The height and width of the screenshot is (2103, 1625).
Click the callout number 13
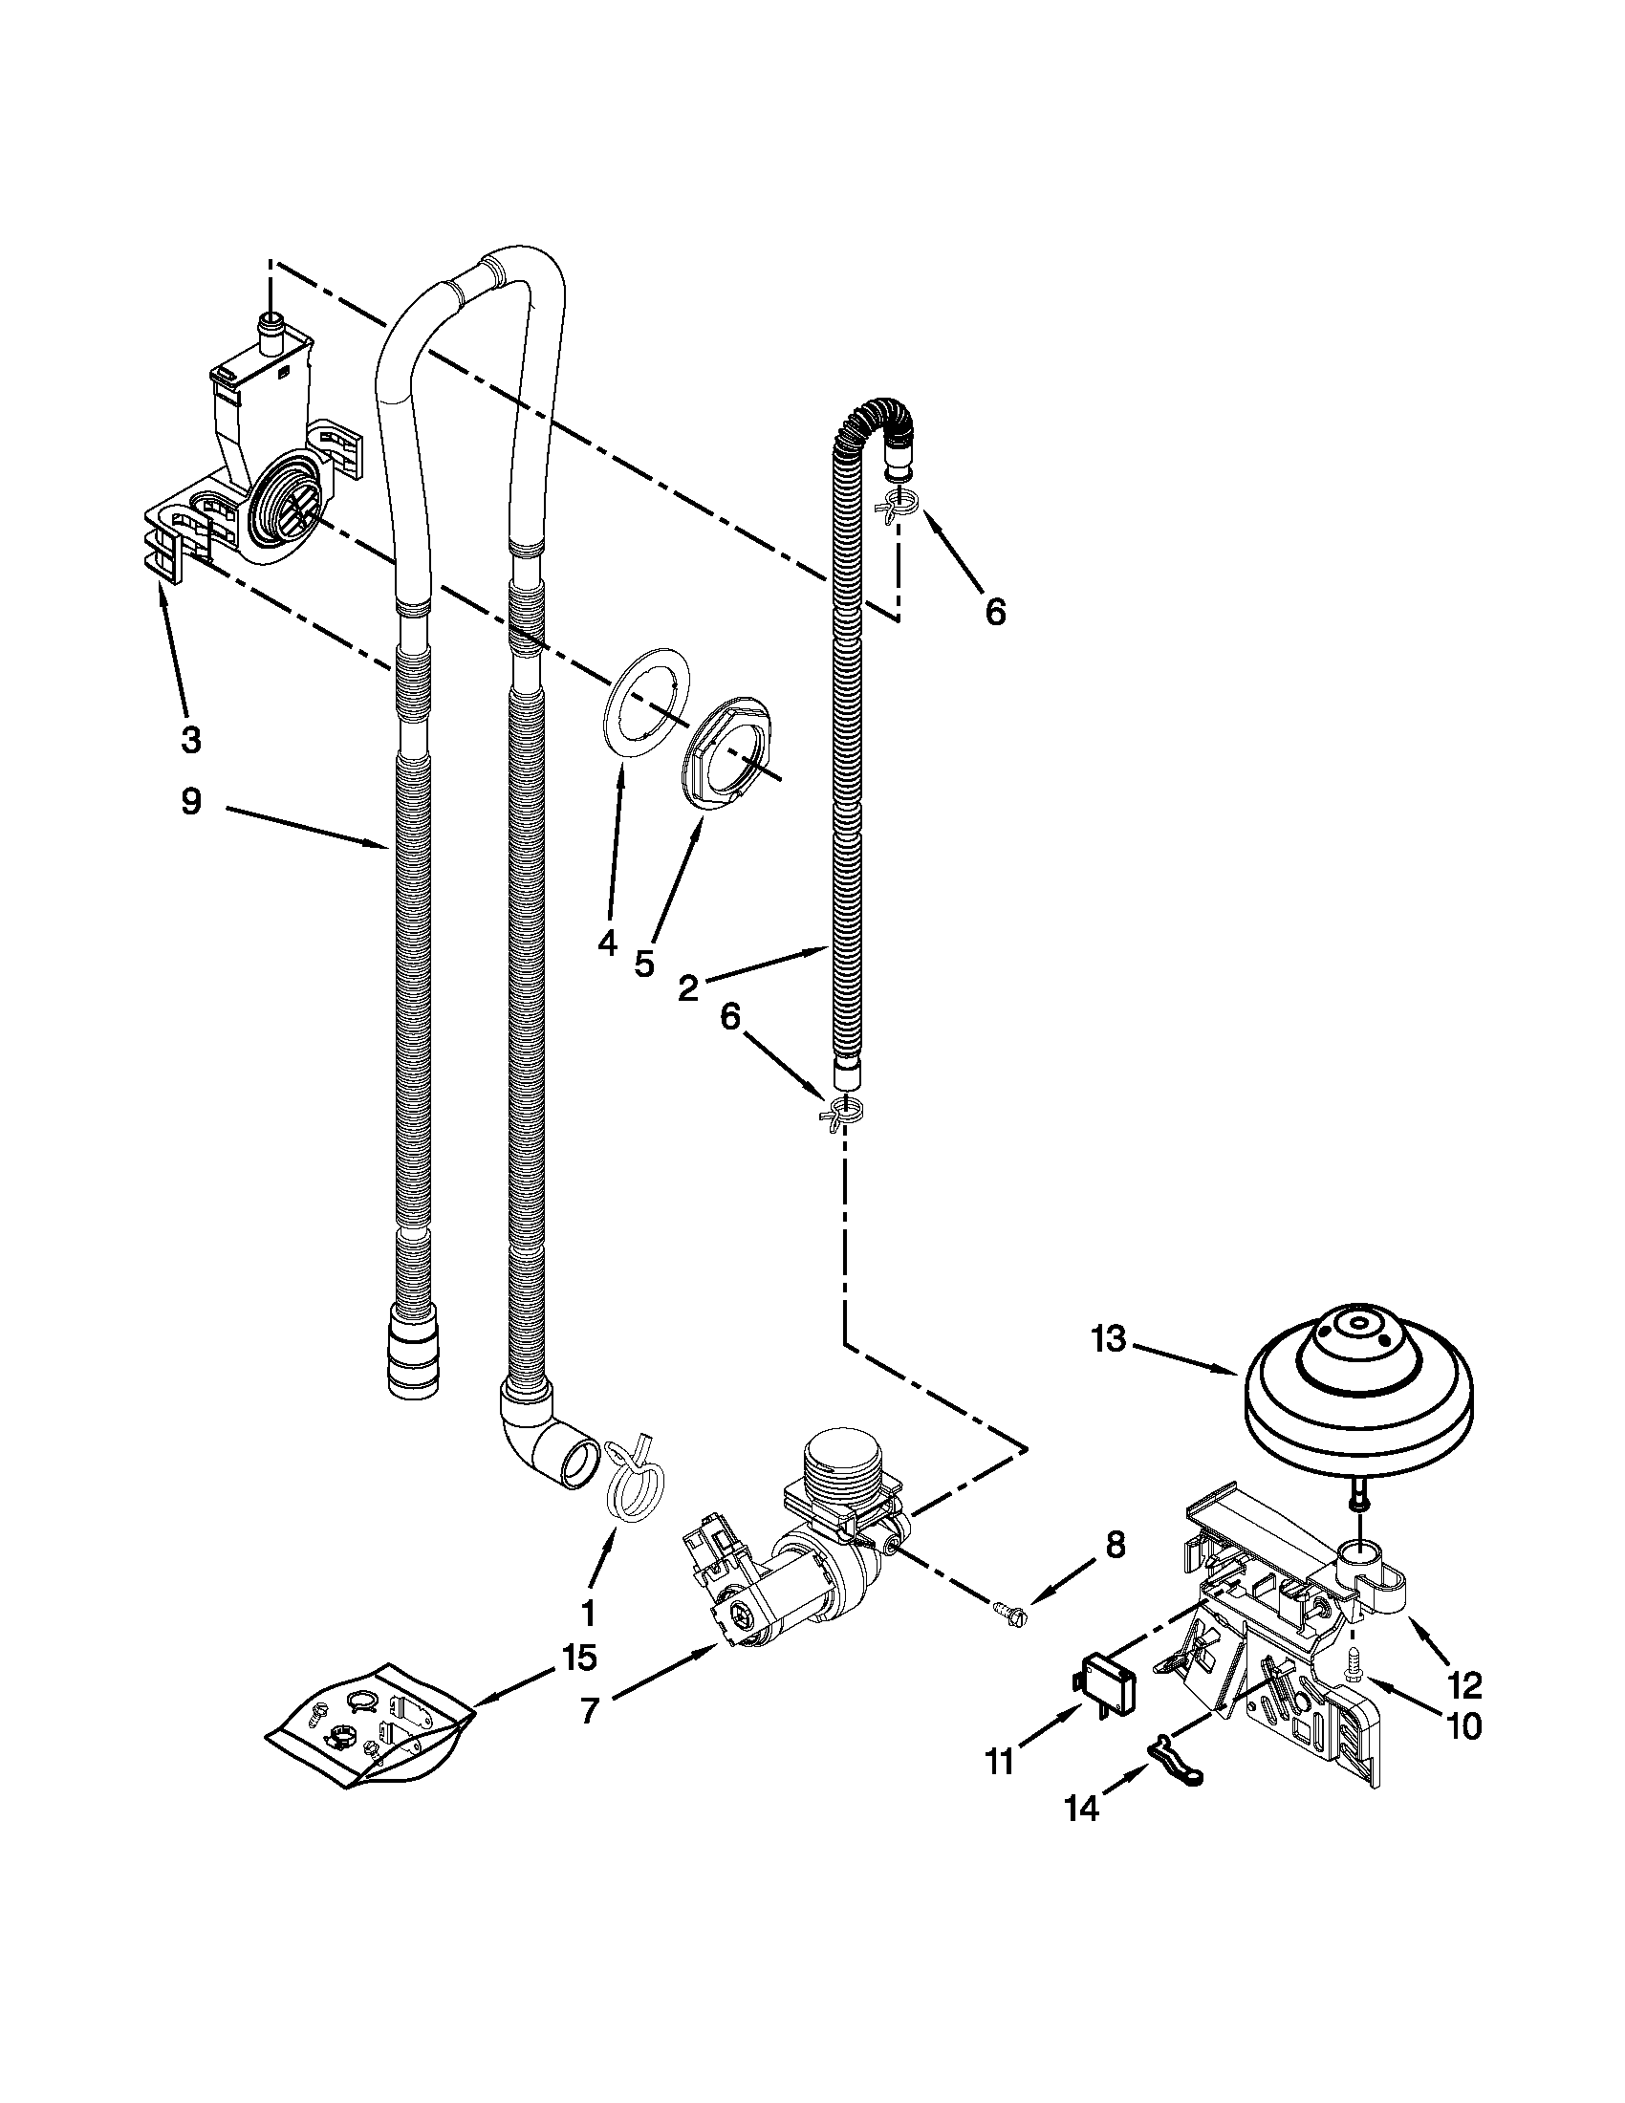tap(1109, 1339)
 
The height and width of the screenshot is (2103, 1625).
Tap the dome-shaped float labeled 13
tap(1358, 1398)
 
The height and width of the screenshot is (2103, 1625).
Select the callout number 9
tap(191, 801)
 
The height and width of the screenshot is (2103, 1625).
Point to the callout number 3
tap(191, 740)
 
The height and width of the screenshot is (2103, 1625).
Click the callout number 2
tap(687, 988)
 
